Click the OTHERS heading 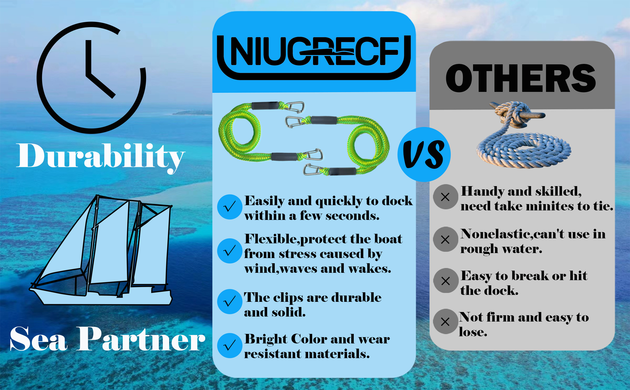[x=521, y=78]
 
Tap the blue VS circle [x=424, y=154]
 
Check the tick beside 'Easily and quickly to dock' [x=229, y=207]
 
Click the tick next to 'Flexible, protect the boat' [x=229, y=251]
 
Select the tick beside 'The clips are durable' [x=229, y=302]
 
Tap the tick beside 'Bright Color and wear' [x=229, y=346]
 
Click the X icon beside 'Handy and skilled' [x=446, y=197]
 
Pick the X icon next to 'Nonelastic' [x=446, y=239]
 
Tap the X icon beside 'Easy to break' [x=446, y=281]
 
